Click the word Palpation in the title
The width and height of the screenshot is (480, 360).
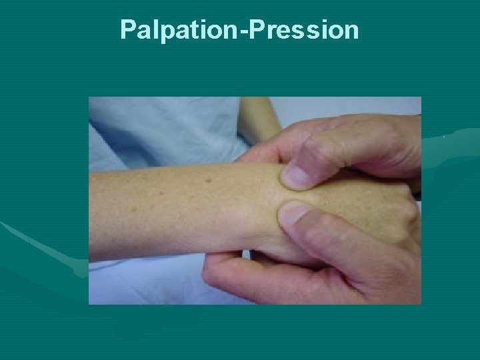coord(173,30)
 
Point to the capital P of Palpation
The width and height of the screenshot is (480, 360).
coord(128,30)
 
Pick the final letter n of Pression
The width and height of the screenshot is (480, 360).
coord(351,32)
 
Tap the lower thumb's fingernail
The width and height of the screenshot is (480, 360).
coord(293,215)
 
